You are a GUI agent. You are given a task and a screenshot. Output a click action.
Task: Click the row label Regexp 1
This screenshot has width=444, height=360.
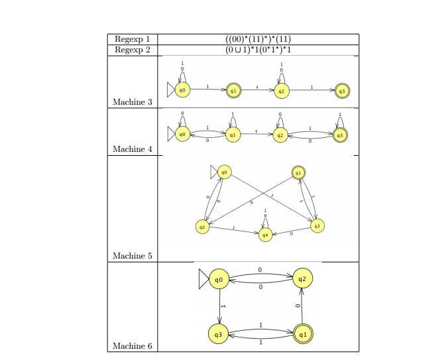pyautogui.click(x=133, y=39)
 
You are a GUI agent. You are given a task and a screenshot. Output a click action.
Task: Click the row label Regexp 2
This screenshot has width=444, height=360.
pyautogui.click(x=133, y=50)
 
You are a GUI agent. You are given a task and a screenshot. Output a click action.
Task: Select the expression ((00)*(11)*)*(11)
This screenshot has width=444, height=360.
pyautogui.click(x=258, y=39)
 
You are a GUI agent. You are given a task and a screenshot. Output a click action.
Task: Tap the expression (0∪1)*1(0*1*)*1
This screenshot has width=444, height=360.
pyautogui.click(x=258, y=50)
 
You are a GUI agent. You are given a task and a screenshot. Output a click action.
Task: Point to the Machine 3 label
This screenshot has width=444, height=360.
pyautogui.click(x=133, y=102)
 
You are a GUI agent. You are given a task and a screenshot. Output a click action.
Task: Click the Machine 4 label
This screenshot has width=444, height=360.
pyautogui.click(x=133, y=149)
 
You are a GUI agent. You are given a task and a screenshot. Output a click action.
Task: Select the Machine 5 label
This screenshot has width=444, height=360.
pyautogui.click(x=133, y=256)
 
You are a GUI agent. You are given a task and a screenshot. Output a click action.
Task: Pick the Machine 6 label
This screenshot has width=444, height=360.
pyautogui.click(x=133, y=346)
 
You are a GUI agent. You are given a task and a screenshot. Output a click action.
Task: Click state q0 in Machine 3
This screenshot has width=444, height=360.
pyautogui.click(x=182, y=90)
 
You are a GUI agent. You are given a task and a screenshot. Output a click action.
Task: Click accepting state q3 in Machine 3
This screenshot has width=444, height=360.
pyautogui.click(x=341, y=91)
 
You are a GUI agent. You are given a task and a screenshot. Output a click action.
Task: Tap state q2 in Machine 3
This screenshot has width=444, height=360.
pyautogui.click(x=282, y=91)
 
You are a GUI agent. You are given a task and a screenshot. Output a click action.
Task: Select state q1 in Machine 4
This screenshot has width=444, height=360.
pyautogui.click(x=232, y=135)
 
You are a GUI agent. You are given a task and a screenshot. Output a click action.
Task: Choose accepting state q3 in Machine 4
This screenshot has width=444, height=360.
pyautogui.click(x=340, y=135)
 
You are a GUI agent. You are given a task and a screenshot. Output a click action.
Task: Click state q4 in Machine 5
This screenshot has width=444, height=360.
pyautogui.click(x=265, y=234)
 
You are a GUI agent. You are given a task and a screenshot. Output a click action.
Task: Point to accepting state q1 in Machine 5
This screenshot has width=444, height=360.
pyautogui.click(x=299, y=172)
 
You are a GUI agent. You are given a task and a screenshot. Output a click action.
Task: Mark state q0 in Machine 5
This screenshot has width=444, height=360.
pyautogui.click(x=225, y=172)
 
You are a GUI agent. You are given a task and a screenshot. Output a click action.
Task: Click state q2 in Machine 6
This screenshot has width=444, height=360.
pyautogui.click(x=302, y=279)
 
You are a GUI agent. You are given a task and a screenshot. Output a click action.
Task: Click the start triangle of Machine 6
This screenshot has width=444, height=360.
pyautogui.click(x=203, y=279)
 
